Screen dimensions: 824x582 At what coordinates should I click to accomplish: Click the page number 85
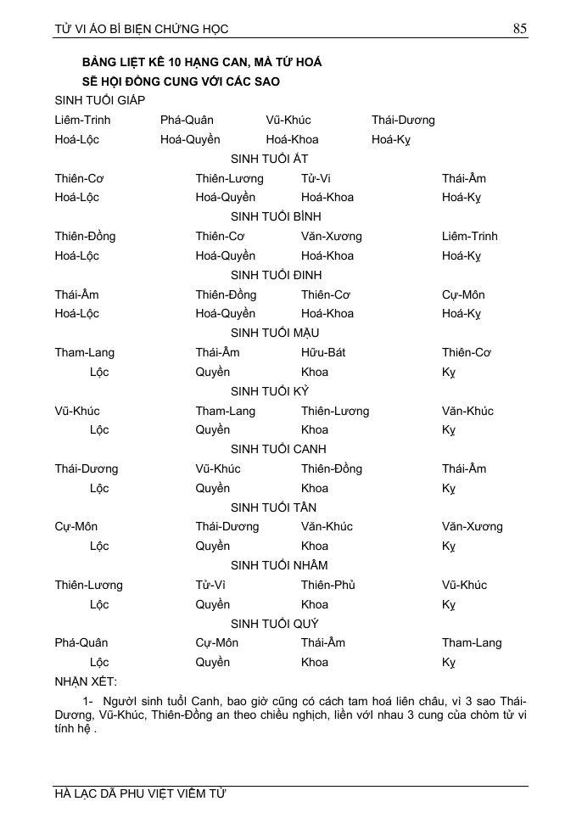[x=520, y=28]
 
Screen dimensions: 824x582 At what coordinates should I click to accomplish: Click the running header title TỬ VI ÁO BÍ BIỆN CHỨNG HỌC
[x=142, y=29]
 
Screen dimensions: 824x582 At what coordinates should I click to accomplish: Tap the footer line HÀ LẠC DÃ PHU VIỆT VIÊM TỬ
[x=141, y=794]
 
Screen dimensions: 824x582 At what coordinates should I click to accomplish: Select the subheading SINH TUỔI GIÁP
[x=99, y=100]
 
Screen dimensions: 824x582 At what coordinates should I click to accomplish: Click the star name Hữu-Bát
[x=323, y=352]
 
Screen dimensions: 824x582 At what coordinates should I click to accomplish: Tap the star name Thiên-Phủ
[x=327, y=585]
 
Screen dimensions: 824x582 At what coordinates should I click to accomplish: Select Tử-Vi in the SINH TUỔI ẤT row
[x=316, y=178]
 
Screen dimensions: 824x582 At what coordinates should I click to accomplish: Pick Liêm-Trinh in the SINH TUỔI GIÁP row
[x=82, y=120]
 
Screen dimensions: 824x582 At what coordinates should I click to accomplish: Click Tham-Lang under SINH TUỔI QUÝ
[x=472, y=642]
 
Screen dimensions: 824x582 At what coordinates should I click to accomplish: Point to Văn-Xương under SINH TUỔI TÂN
[x=472, y=526]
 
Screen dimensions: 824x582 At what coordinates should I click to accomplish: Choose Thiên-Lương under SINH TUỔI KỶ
[x=335, y=411]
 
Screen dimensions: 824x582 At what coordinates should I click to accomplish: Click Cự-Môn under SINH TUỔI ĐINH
[x=463, y=294]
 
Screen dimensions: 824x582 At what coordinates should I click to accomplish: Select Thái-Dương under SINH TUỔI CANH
[x=87, y=468]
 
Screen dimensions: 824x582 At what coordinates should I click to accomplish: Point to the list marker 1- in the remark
[x=88, y=701]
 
